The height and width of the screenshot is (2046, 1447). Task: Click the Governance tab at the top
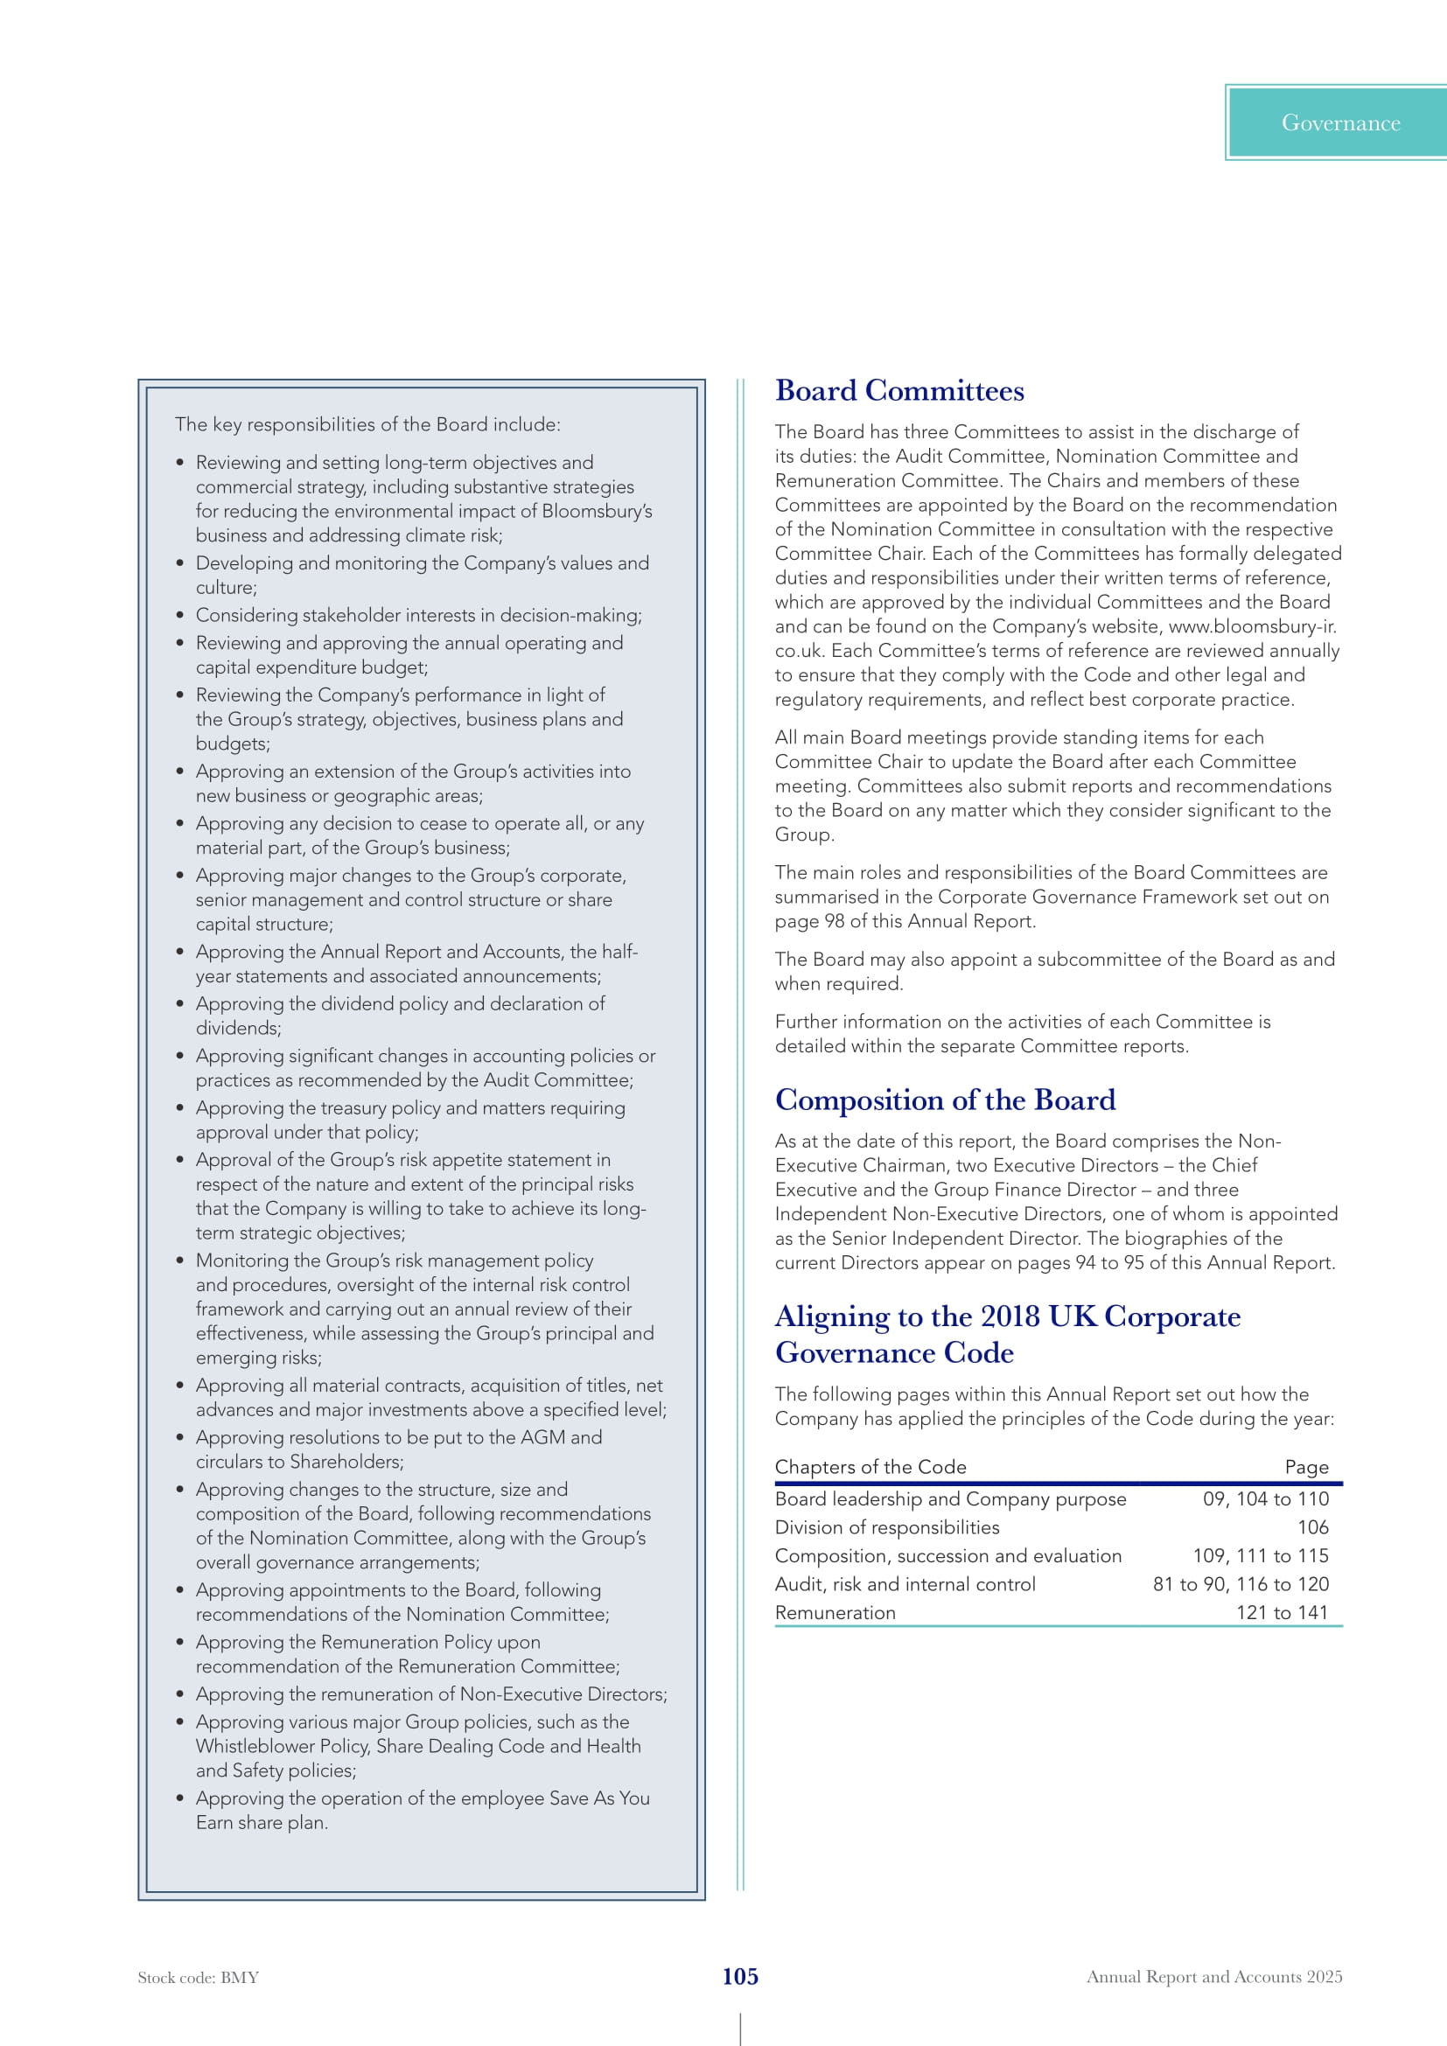coord(1340,123)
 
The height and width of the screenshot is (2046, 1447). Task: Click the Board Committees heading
coord(899,390)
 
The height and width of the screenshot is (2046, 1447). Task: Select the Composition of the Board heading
coord(945,1100)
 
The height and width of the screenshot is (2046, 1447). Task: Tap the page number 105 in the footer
coord(739,1977)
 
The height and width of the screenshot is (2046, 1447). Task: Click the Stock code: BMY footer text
coord(198,1978)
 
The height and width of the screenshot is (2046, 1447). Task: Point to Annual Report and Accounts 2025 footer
coord(1213,1977)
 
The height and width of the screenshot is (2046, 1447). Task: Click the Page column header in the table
coord(1306,1467)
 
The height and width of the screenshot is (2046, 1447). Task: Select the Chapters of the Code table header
coord(870,1467)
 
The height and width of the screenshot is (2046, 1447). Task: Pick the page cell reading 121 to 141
coord(1282,1612)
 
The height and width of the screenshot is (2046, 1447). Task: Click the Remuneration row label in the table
coord(835,1612)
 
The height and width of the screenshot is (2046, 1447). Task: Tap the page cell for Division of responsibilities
coord(1312,1527)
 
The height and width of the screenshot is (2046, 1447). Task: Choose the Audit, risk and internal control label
coord(905,1583)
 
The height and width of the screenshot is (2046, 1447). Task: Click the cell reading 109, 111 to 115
coord(1260,1555)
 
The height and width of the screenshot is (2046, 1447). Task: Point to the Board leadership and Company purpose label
coord(950,1499)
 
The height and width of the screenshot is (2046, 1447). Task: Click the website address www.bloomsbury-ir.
coord(1252,626)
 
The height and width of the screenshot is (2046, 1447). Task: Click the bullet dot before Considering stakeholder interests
coord(180,615)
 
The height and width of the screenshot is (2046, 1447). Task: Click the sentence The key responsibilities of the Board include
coord(367,424)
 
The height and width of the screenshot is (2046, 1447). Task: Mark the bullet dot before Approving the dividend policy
coord(180,1003)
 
